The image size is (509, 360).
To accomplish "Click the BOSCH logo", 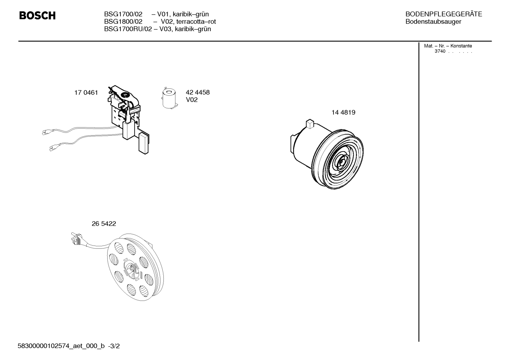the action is coord(37,16).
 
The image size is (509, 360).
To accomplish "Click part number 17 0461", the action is coord(86,93).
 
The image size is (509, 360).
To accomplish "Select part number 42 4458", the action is coord(198,92).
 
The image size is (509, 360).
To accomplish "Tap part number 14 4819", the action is coord(343,112).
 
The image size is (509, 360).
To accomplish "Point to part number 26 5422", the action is coord(104,224).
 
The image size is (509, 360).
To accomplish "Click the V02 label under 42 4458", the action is coord(192,100).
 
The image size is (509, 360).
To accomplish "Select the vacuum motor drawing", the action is coord(327,154).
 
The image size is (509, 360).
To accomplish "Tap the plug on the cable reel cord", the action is coord(76,238).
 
